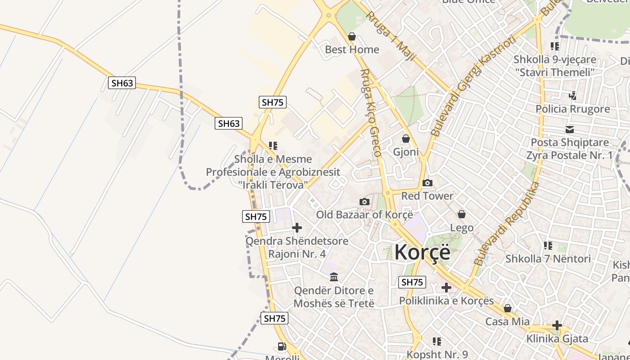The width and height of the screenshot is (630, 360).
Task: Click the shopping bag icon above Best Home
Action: click(352, 36)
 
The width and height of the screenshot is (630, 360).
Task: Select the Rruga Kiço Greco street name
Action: click(371, 112)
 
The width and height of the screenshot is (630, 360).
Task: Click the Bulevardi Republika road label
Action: click(506, 224)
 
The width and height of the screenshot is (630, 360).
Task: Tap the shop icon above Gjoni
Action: click(406, 139)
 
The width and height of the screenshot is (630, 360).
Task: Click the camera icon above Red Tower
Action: click(427, 183)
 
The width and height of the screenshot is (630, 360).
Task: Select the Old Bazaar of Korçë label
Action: click(364, 215)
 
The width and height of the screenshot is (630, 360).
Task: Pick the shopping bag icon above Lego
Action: click(462, 214)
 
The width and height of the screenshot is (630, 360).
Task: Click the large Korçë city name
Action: click(422, 252)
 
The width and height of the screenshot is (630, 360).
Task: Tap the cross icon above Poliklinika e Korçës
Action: click(446, 288)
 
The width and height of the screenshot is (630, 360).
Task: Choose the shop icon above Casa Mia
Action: click(508, 309)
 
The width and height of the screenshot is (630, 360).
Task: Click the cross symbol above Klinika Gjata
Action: click(557, 325)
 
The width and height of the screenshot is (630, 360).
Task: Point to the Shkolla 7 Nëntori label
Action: click(548, 259)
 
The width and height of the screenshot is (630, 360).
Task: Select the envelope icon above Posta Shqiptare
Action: click(570, 130)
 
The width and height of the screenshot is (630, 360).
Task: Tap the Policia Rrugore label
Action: click(572, 109)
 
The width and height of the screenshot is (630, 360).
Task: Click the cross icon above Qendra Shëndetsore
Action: click(297, 228)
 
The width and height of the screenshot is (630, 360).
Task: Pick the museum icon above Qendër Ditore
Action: click(334, 277)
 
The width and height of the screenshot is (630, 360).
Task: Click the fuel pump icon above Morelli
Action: click(282, 346)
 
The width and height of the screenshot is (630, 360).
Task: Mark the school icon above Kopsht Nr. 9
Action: click(437, 342)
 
